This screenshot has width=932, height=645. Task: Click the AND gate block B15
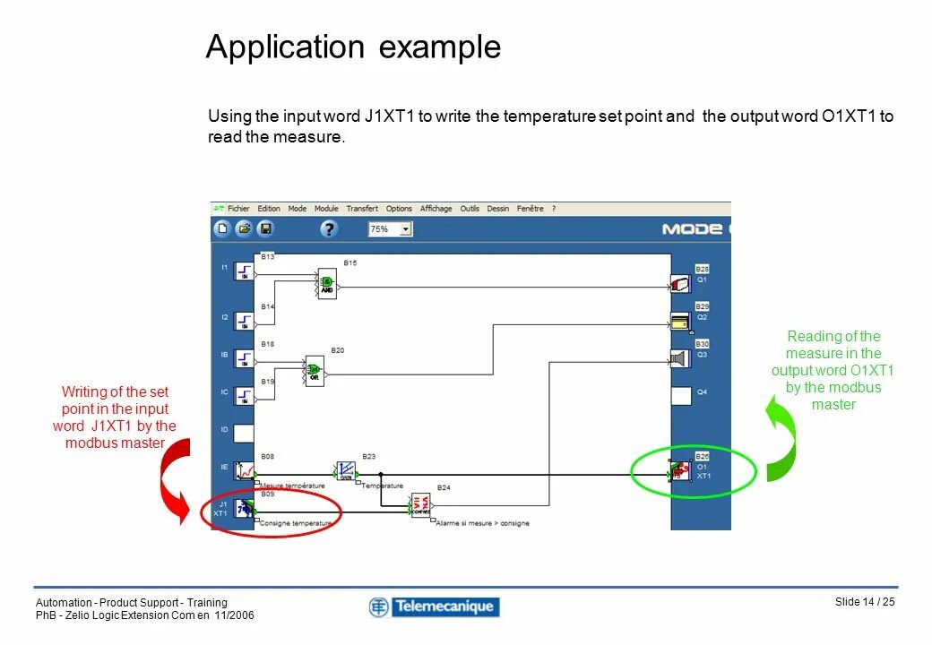point(327,284)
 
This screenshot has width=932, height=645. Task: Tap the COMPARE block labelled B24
point(421,506)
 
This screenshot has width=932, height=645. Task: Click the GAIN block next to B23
point(346,470)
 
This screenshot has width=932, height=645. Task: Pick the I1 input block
point(245,270)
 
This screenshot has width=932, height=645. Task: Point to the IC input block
point(245,395)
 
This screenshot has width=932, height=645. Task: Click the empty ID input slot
point(245,433)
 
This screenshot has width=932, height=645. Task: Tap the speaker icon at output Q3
point(681,358)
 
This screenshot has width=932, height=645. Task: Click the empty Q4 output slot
point(681,395)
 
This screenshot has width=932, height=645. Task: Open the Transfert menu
point(362,209)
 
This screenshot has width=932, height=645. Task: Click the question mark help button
point(329,229)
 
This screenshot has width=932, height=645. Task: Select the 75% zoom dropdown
point(390,229)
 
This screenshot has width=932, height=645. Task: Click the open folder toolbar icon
point(244,229)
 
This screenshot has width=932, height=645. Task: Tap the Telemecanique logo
point(434,607)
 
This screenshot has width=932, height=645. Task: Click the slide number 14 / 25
point(865,602)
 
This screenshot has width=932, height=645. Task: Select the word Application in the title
point(285,47)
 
